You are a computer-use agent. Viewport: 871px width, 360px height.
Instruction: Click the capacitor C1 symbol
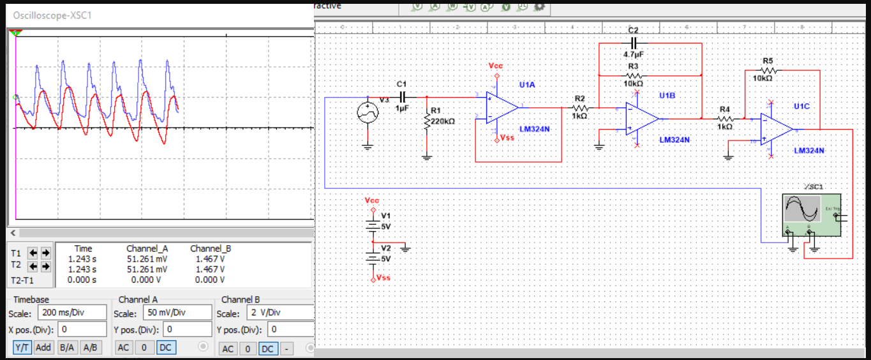tap(402, 97)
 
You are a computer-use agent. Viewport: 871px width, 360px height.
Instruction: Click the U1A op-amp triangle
tap(502, 107)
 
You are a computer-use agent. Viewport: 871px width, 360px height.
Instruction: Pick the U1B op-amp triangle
tap(641, 118)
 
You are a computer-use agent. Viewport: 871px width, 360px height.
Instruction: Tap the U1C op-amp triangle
tap(776, 129)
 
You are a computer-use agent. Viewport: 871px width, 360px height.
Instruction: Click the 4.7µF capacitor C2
tap(633, 43)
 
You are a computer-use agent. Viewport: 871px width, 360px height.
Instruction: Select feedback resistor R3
tap(633, 75)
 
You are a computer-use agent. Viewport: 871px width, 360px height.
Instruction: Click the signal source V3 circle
tap(368, 113)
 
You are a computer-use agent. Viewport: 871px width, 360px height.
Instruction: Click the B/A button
tap(67, 347)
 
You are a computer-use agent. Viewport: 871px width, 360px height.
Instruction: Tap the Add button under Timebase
tap(43, 347)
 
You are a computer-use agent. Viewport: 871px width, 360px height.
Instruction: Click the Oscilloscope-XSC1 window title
tap(52, 15)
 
